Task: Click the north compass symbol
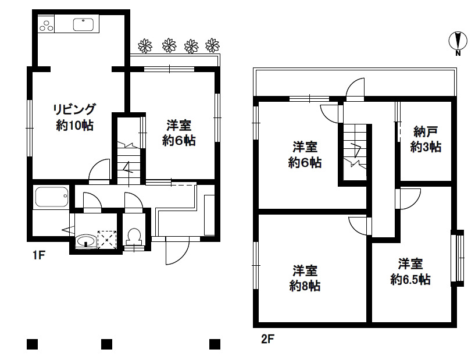point(458,42)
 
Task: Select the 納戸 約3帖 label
point(426,139)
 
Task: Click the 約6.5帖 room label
point(410,271)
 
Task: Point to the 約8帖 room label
point(305,278)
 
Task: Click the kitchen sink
point(85,25)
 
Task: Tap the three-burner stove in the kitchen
point(46,25)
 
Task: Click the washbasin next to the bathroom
point(86,241)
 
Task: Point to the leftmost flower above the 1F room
point(145,45)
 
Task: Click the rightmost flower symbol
point(213,45)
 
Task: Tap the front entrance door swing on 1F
point(177,251)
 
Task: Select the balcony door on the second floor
point(354,90)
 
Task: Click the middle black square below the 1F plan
point(106,344)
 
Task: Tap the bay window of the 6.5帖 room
point(458,258)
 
